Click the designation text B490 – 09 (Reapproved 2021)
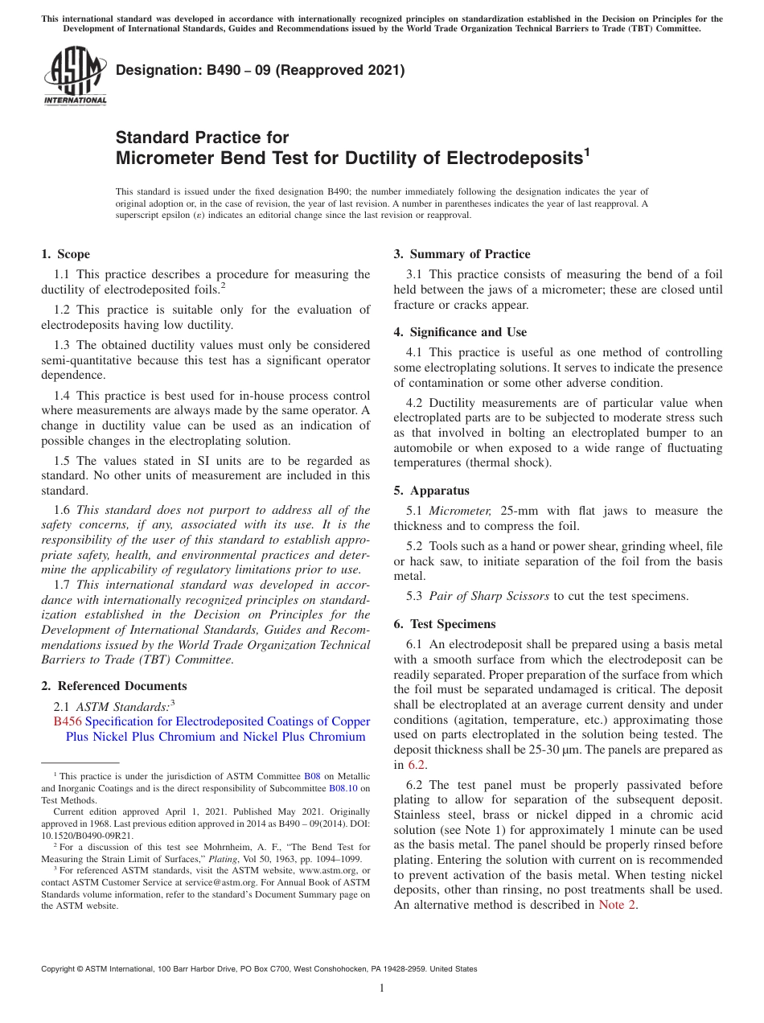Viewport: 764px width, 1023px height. click(x=260, y=70)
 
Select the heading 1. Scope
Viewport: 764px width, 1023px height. click(x=65, y=254)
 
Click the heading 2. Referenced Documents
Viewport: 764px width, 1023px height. click(x=113, y=686)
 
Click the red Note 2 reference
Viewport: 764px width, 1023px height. click(x=618, y=905)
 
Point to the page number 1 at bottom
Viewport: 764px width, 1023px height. click(x=382, y=988)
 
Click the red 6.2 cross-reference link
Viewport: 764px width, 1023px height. click(x=417, y=765)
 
